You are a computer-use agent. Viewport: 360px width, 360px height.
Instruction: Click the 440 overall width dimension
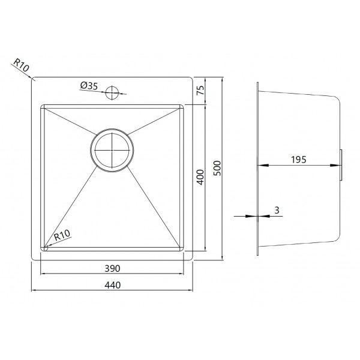coord(113,285)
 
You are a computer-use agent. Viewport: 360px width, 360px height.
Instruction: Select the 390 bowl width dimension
coord(112,268)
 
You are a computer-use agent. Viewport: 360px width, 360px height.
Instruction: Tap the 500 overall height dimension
coord(217,168)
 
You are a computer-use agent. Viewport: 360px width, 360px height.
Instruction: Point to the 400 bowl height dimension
coord(200,177)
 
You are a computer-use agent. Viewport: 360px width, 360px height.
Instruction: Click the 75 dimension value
coord(200,90)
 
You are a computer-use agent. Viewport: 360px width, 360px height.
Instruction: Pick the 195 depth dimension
coord(299,160)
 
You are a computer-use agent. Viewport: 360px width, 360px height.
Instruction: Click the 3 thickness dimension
coord(277,210)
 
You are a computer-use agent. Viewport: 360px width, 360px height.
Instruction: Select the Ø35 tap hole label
coord(89,86)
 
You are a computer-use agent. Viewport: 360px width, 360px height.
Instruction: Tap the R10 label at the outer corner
coord(21,65)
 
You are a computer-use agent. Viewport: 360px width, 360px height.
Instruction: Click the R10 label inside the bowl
coord(62,235)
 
